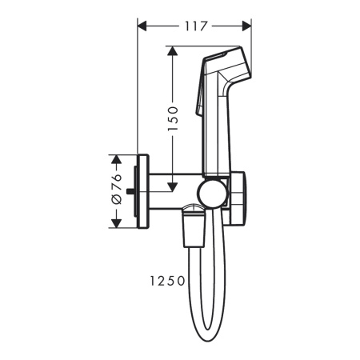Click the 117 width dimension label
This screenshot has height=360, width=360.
[x=194, y=26]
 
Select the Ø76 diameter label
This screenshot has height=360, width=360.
[x=116, y=189]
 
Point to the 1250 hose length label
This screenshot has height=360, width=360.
[x=166, y=281]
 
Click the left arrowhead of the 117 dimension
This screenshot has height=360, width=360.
[x=143, y=26]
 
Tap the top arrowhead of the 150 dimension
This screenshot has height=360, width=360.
[x=171, y=50]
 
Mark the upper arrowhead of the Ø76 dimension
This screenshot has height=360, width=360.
[x=116, y=159]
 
